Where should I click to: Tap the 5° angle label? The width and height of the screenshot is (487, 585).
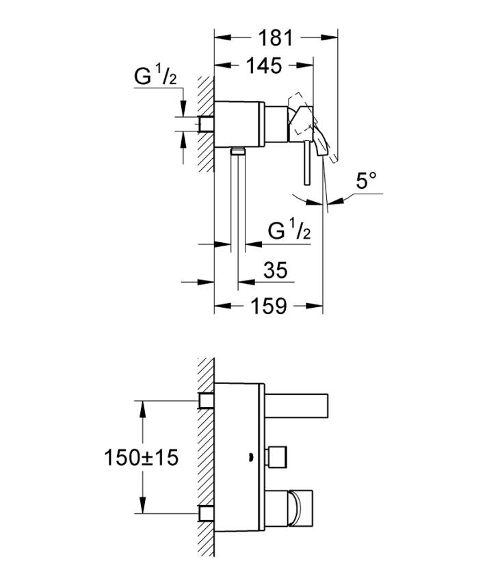pyautogui.click(x=367, y=182)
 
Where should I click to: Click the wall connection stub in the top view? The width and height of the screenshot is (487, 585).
pyautogui.click(x=206, y=123)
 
